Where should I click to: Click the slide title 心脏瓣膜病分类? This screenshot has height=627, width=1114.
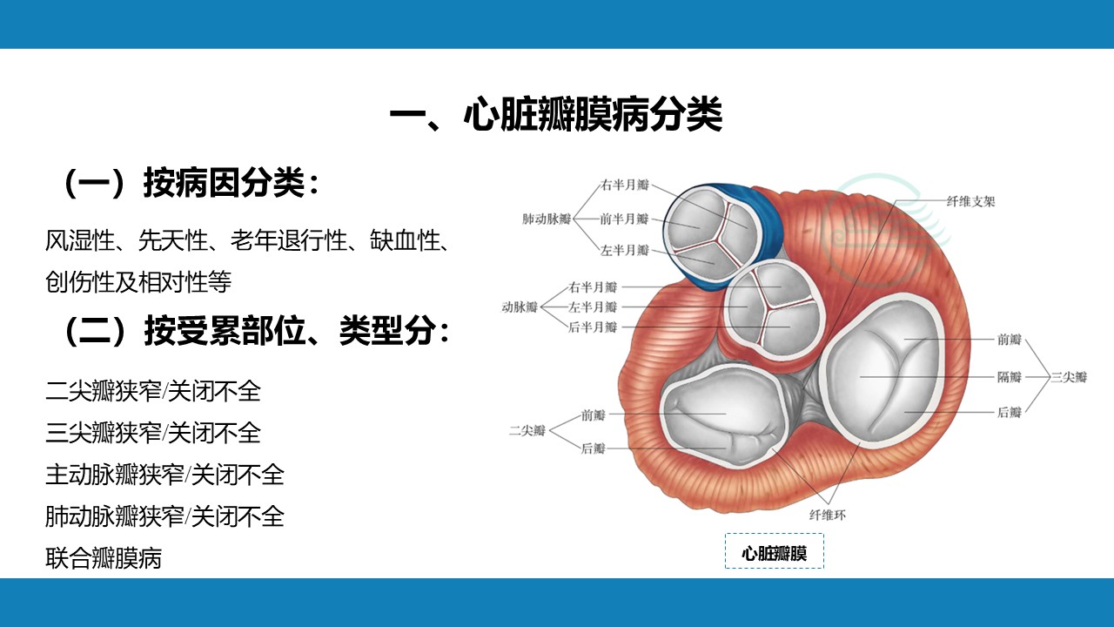(x=592, y=116)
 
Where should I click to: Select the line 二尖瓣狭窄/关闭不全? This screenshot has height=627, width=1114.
(x=153, y=391)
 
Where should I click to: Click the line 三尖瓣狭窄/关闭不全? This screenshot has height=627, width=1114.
(x=153, y=433)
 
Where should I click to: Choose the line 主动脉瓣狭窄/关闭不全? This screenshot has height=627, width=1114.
(x=164, y=475)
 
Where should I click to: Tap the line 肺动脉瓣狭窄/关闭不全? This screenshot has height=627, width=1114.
(x=164, y=516)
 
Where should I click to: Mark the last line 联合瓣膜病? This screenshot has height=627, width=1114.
(x=104, y=558)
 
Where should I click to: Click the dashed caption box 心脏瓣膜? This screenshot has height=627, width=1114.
(x=775, y=551)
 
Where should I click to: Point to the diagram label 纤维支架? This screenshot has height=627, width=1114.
(x=970, y=201)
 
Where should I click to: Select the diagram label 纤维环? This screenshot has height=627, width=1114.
(x=828, y=515)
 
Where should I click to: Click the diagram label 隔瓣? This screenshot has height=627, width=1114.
(x=1009, y=377)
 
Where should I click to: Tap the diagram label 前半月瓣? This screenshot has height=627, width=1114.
(x=624, y=219)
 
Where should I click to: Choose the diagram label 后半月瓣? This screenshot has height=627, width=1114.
(x=593, y=327)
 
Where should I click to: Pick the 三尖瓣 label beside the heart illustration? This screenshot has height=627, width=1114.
(x=1068, y=377)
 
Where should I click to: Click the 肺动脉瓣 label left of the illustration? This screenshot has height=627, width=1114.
(x=547, y=219)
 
